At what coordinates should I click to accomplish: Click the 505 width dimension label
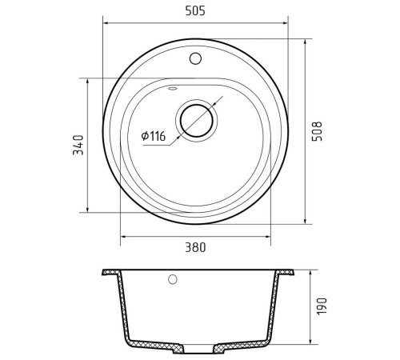pos(195,11)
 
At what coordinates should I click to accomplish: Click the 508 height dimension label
pos(318,131)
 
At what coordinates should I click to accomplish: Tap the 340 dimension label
pos(78,145)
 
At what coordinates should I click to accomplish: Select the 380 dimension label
pos(195,247)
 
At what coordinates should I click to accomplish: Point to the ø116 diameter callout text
pos(154,136)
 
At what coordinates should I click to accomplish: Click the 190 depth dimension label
pos(322,306)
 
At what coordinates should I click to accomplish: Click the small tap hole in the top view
pos(195,58)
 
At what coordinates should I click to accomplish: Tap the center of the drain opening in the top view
pos(197,121)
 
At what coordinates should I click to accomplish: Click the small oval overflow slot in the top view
pos(172,89)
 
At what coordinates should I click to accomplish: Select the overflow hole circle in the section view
pos(173,279)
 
